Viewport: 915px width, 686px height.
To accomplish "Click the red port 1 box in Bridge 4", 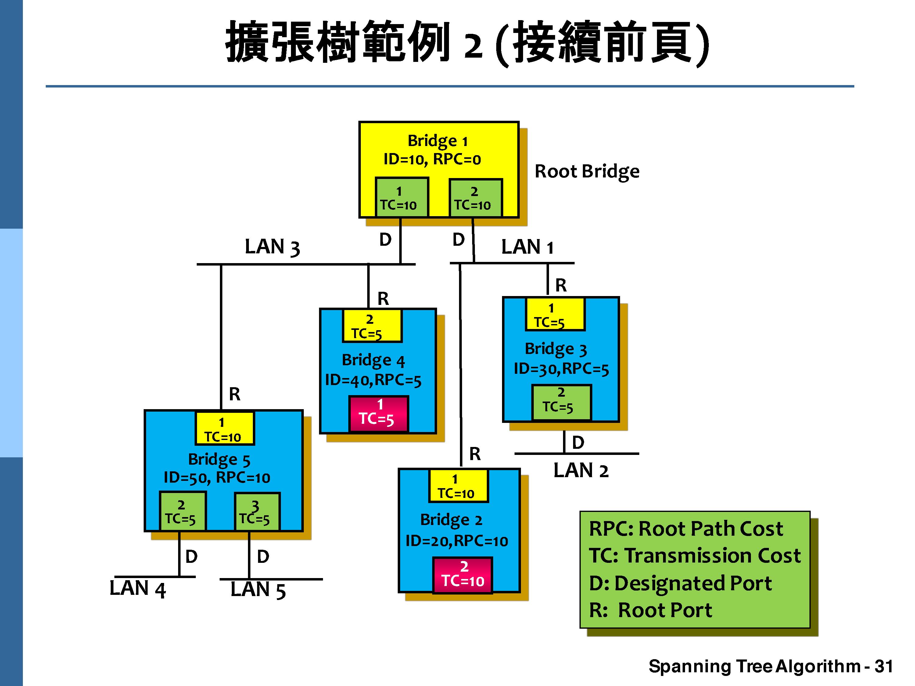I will pos(379,413).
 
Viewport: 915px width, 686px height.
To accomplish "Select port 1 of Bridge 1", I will pos(401,198).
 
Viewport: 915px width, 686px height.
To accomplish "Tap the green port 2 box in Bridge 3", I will pos(561,402).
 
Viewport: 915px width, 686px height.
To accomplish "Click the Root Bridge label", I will pos(587,171).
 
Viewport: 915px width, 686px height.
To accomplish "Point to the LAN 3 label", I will pos(272,247).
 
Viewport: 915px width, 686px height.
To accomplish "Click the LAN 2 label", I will pos(581,470).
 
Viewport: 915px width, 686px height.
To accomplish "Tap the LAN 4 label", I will pos(137,589).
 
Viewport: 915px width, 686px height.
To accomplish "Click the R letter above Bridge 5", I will pos(235,394).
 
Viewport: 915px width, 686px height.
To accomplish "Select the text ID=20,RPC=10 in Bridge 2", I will pos(456,541).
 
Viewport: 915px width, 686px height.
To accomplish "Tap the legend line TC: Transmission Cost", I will pos(694,555).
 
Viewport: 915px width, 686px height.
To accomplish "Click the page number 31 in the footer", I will pos(884,666).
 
